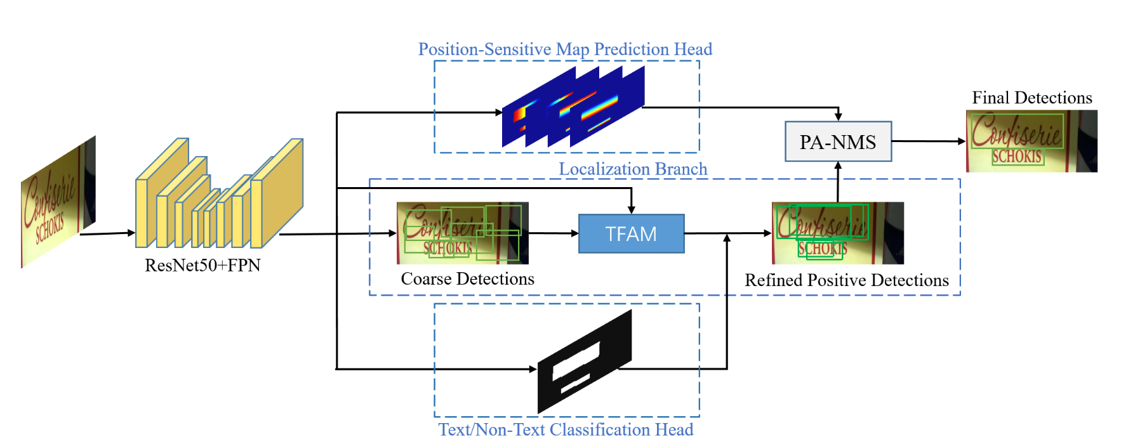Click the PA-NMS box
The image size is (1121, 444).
[838, 141]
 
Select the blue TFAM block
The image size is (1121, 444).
[631, 234]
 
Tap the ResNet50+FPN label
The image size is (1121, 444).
[202, 265]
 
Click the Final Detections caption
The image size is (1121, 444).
[1031, 98]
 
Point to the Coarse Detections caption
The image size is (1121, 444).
[467, 279]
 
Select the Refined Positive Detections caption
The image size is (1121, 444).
[846, 280]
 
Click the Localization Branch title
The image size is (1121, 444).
[632, 169]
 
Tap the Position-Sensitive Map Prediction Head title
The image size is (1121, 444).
[565, 49]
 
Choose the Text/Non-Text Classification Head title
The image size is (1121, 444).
[566, 429]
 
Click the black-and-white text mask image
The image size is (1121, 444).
[584, 362]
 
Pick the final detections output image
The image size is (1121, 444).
[1031, 141]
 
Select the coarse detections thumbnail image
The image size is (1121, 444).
[462, 233]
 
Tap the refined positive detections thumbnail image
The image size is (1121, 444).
[837, 233]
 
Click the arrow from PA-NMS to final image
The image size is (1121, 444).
[928, 141]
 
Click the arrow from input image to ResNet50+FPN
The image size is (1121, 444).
[107, 233]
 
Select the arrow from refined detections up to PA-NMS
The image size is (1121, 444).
[838, 182]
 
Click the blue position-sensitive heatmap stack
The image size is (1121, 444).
[573, 107]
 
